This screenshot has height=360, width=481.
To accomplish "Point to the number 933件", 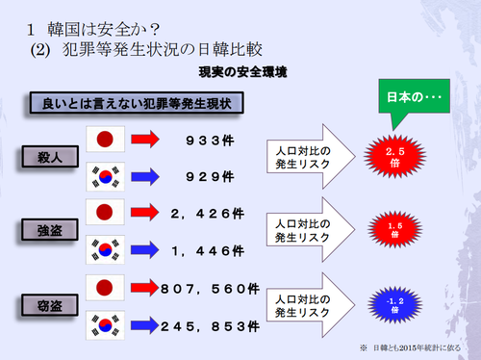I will point(210,140).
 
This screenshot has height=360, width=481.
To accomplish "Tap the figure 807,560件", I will point(213,287).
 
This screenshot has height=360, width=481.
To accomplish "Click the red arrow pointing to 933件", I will point(149,140).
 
